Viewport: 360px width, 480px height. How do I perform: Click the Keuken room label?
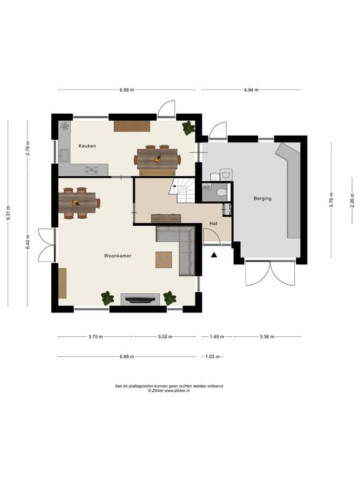click(x=87, y=146)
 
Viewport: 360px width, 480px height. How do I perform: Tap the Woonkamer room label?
click(x=117, y=256)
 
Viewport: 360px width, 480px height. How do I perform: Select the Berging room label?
click(x=262, y=199)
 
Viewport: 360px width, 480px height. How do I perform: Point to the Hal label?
click(x=213, y=224)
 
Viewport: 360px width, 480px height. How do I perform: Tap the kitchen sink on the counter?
click(x=64, y=155)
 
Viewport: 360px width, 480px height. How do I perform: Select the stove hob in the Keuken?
click(x=92, y=169)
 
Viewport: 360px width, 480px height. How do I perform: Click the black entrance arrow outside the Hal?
click(x=214, y=254)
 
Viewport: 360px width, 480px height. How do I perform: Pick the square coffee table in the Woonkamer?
click(x=164, y=259)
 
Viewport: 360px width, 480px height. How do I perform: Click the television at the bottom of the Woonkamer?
click(x=141, y=300)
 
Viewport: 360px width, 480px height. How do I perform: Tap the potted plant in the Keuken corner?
click(x=188, y=128)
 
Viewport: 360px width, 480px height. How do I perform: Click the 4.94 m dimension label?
click(x=251, y=90)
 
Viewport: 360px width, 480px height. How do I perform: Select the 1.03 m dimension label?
click(x=212, y=357)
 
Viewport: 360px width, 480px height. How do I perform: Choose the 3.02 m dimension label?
click(x=165, y=337)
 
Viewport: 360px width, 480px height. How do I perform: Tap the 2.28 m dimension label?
click(x=352, y=200)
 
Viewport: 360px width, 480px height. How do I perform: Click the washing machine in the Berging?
click(x=226, y=175)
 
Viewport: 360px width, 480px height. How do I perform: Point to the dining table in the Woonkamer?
click(x=79, y=202)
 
